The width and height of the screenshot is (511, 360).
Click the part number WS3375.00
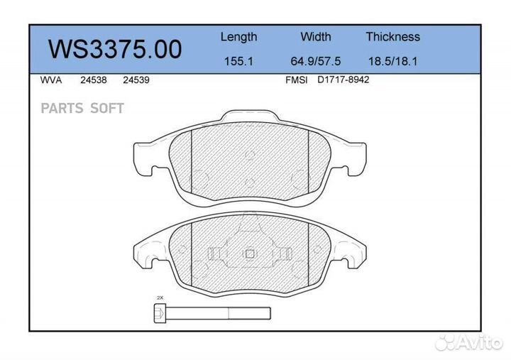coord(115,49)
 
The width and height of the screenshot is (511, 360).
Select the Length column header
coord(238,37)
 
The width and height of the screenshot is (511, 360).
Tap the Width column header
coord(315,37)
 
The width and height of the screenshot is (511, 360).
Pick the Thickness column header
coord(392,37)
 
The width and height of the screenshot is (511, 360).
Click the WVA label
coord(51,80)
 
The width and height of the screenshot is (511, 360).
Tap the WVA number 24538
coord(94,80)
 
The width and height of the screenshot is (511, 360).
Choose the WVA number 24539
coord(136,80)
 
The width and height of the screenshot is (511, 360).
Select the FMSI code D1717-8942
coord(343,80)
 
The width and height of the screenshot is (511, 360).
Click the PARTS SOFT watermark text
coord(82,109)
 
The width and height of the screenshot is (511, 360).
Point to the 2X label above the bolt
coord(160,298)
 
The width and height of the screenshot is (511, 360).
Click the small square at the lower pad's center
coord(249,253)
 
